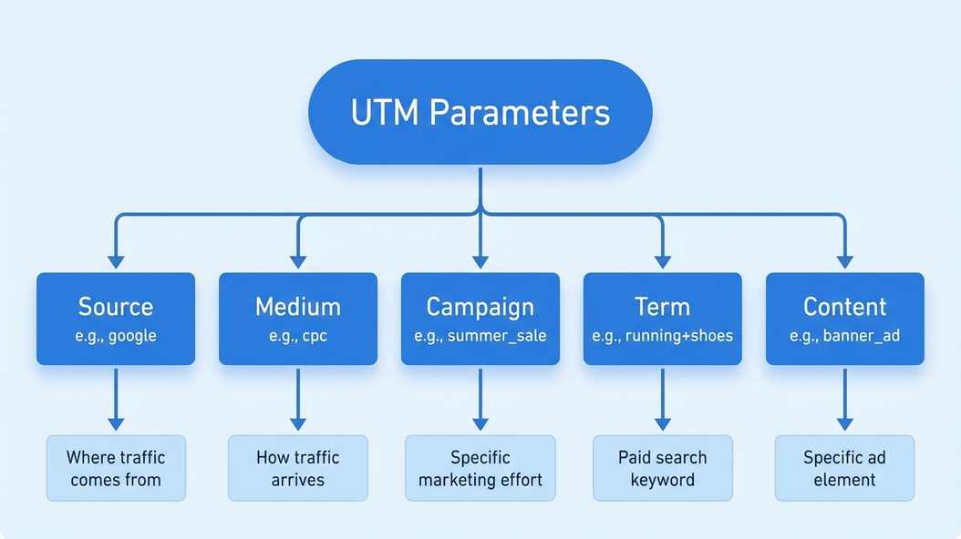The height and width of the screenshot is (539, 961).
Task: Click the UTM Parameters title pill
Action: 480,111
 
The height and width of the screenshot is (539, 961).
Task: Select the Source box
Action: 116,318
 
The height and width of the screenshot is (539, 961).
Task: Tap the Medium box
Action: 298,318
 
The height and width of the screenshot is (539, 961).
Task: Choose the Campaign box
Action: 480,318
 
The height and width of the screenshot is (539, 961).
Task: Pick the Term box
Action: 663,318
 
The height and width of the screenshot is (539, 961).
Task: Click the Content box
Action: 845,318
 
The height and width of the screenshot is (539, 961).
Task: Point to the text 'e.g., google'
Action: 116,336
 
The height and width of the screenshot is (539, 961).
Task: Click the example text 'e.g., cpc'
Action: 298,336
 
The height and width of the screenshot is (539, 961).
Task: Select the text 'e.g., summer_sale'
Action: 480,336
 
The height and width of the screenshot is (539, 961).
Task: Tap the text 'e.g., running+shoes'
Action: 663,336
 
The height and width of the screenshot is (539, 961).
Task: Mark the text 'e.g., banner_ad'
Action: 845,336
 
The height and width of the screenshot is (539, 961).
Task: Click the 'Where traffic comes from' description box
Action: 116,468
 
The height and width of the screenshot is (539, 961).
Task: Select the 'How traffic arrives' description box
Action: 298,468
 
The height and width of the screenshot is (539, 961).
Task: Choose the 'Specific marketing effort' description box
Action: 480,468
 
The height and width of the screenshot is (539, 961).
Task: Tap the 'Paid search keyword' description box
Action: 663,468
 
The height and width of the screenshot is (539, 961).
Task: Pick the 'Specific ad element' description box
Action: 845,468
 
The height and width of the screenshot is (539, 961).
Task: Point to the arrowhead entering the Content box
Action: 845,261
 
